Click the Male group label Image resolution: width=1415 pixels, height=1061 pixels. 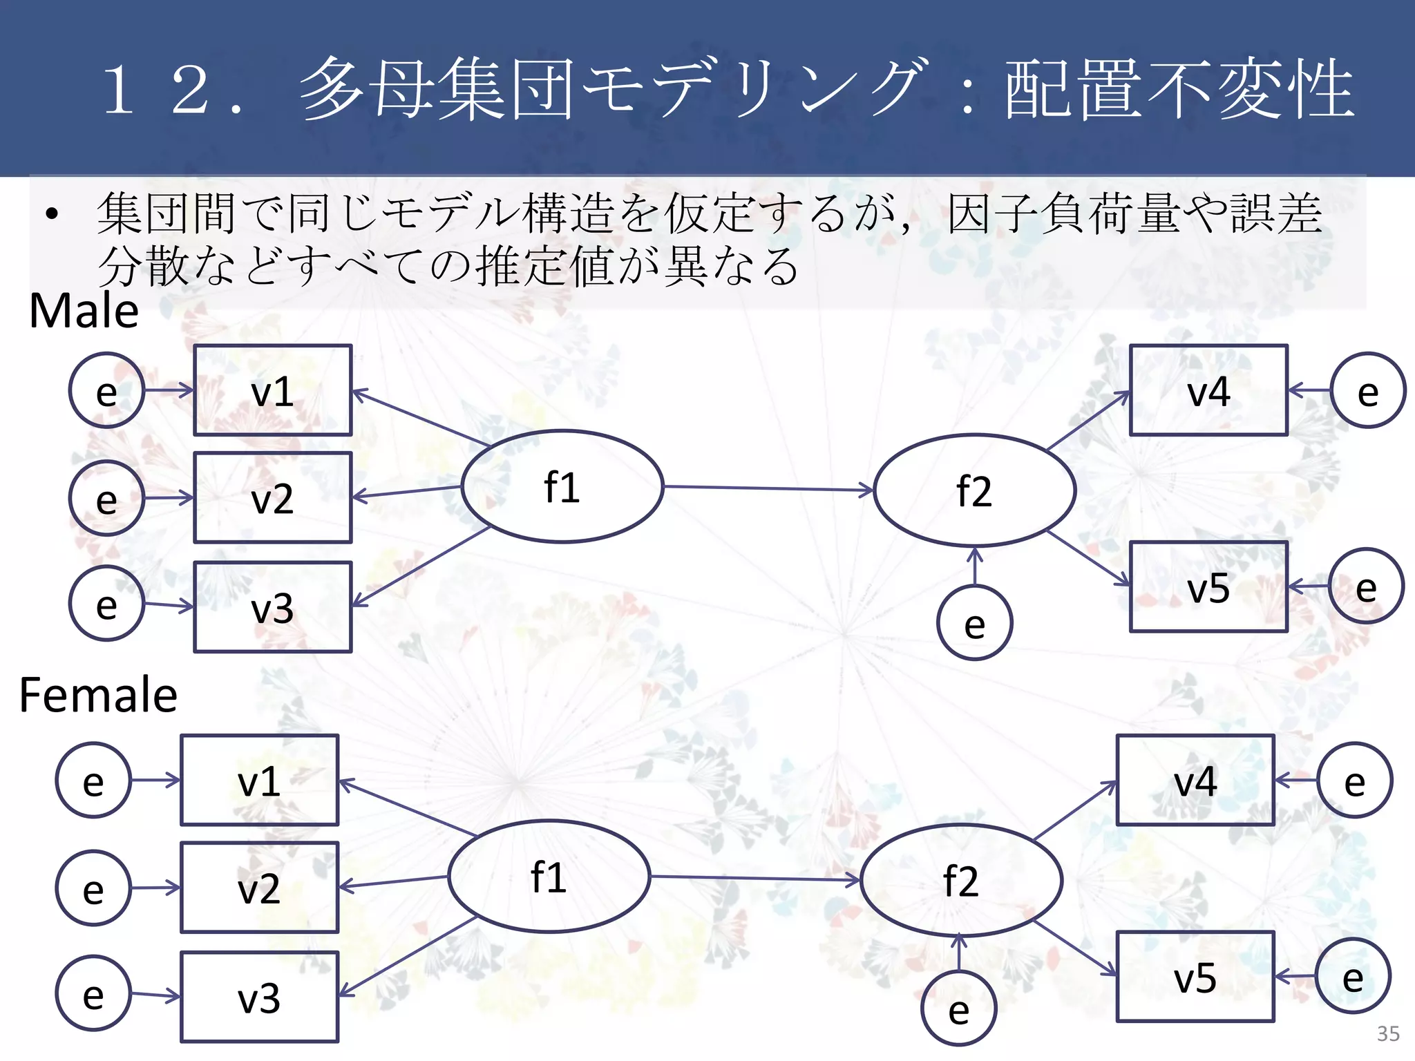click(84, 311)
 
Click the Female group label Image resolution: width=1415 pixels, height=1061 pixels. click(98, 695)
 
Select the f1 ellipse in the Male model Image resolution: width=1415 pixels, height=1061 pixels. click(562, 487)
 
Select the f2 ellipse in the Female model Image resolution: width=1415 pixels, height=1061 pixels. click(961, 881)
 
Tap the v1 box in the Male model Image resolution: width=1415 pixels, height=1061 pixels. click(273, 391)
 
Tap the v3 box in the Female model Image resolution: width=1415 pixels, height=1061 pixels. click(260, 997)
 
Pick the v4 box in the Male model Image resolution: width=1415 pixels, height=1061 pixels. click(1208, 391)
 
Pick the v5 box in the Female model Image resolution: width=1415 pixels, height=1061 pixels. click(1195, 977)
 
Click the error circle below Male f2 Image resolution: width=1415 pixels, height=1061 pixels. click(974, 623)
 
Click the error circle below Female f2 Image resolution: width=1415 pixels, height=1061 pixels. click(959, 1009)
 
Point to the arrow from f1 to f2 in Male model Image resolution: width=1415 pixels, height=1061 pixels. click(767, 488)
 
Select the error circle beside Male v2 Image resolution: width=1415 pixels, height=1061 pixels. click(106, 498)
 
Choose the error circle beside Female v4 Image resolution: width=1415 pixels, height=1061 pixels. click(1354, 781)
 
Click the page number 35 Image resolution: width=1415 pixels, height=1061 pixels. click(1388, 1033)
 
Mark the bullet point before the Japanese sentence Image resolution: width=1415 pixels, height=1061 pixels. click(51, 214)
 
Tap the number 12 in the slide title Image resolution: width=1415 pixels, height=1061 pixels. click(155, 90)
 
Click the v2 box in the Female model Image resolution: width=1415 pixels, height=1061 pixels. click(260, 888)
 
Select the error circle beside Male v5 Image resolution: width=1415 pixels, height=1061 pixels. click(1366, 586)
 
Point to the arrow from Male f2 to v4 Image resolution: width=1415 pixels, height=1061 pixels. click(1088, 421)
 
